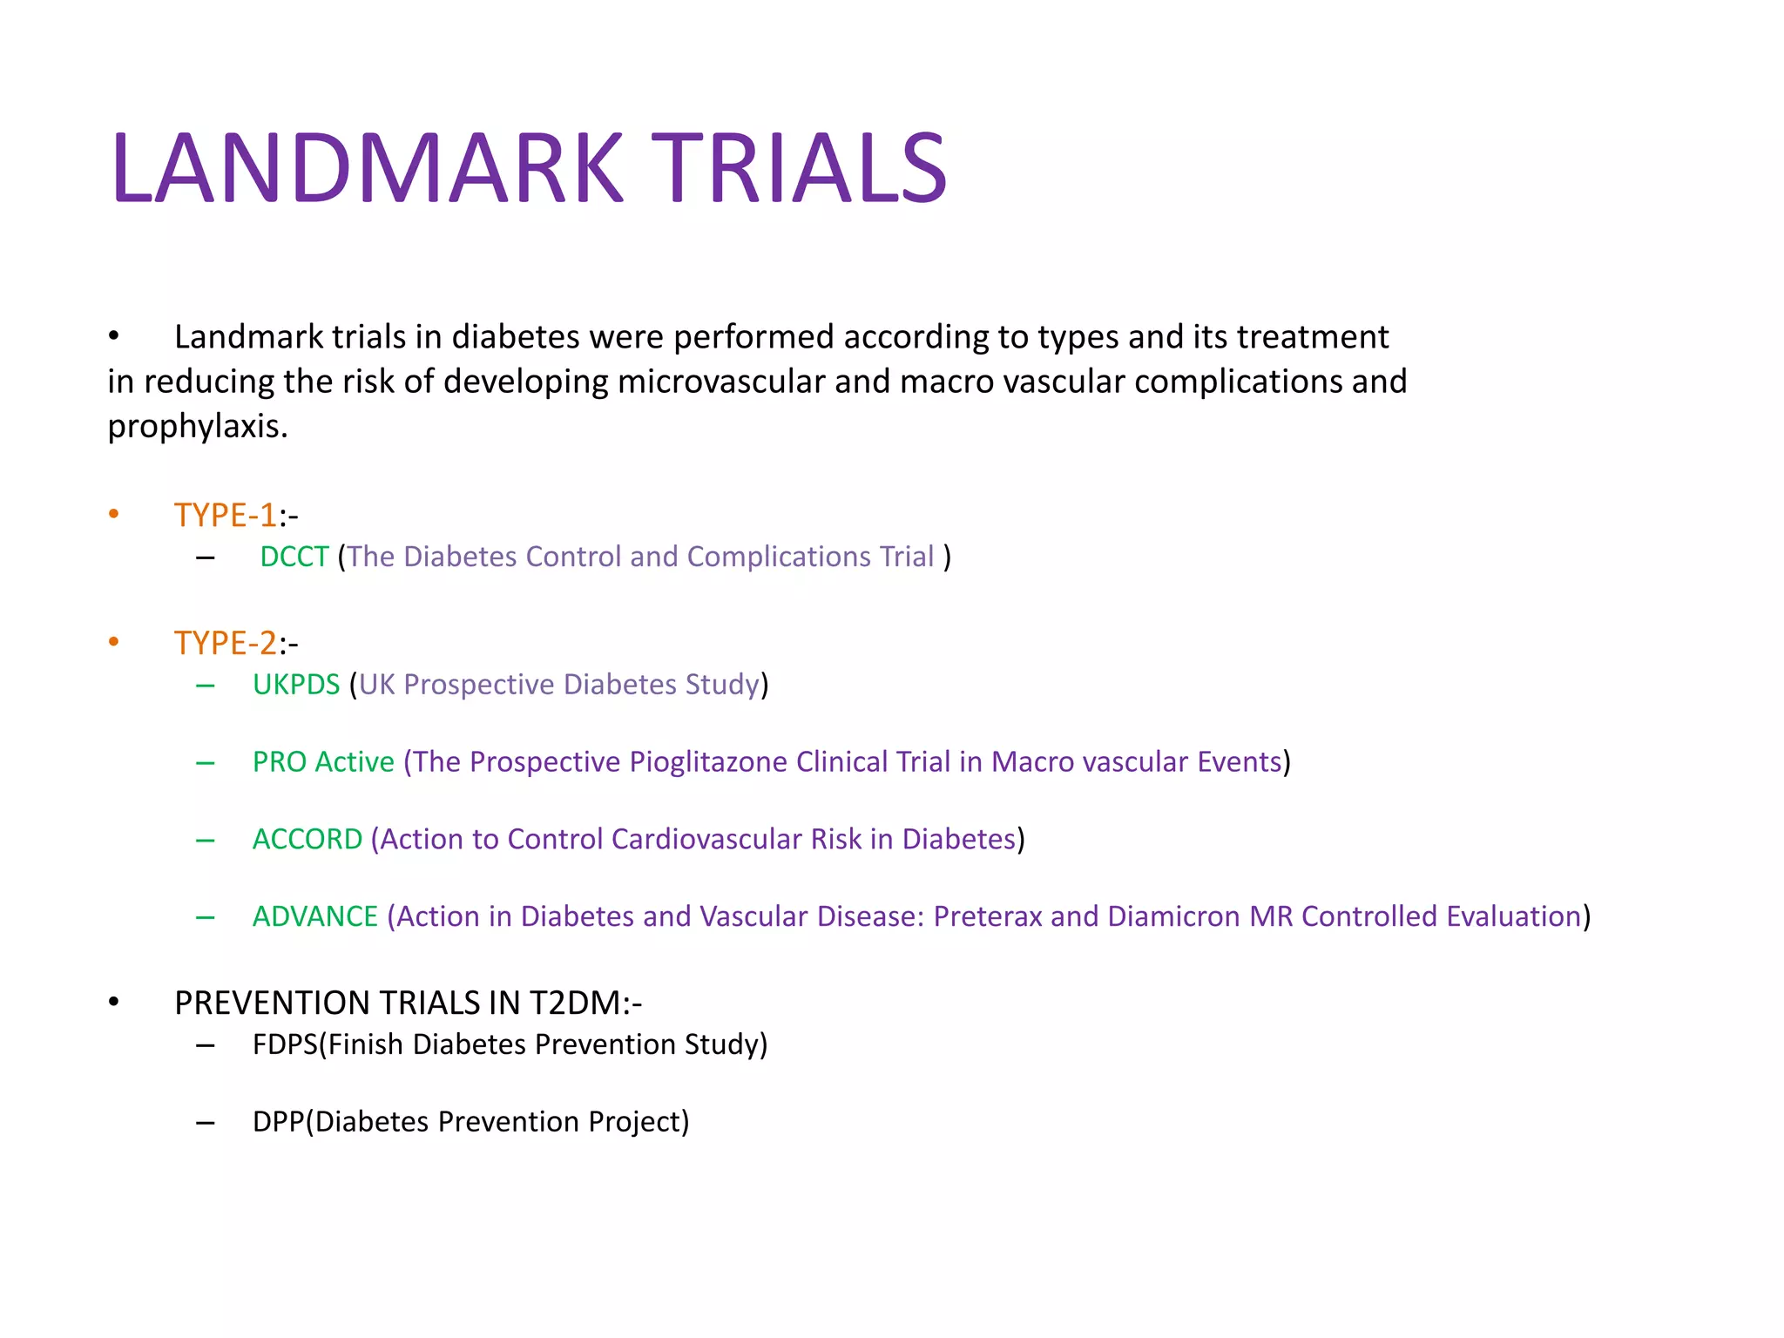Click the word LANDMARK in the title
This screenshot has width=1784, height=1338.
point(367,168)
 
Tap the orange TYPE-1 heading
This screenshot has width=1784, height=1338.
point(225,515)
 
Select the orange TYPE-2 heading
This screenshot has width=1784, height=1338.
point(225,643)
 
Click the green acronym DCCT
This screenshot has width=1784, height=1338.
point(294,557)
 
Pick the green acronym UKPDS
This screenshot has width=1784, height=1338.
point(296,685)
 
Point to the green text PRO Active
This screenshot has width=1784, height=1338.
point(323,762)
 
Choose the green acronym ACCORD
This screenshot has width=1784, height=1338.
point(307,839)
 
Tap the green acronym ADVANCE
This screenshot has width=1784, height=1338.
point(315,916)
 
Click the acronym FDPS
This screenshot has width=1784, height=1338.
point(285,1044)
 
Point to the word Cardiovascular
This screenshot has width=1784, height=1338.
point(706,839)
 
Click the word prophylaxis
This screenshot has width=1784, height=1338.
point(197,427)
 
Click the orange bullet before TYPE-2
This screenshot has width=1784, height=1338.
point(113,643)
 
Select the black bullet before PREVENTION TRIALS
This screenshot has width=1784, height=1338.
point(113,1003)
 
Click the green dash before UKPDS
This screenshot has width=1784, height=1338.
point(206,686)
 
